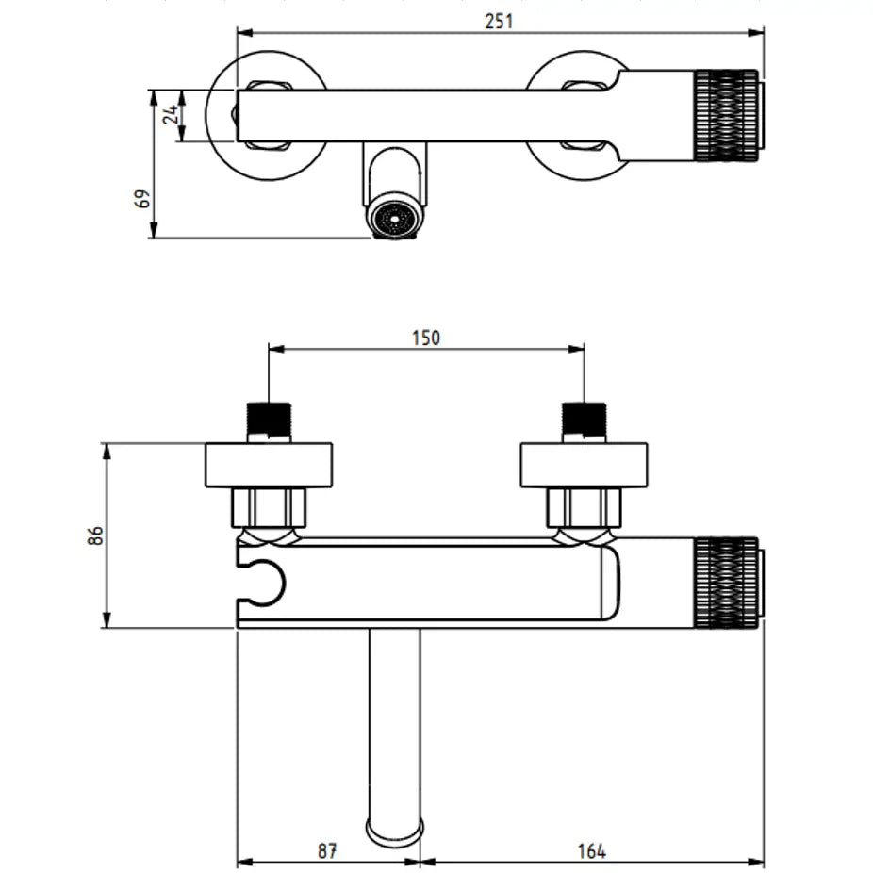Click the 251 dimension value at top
click(x=499, y=20)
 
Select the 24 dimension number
click(x=171, y=116)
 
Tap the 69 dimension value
click(x=142, y=200)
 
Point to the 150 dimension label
click(x=425, y=338)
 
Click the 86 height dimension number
click(x=94, y=535)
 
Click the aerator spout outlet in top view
click(x=394, y=218)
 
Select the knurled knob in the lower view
click(x=727, y=583)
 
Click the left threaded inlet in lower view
click(x=269, y=420)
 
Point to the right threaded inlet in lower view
click(x=584, y=420)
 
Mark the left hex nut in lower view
click(x=269, y=507)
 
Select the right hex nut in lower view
click(x=585, y=507)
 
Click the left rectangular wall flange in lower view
click(x=269, y=465)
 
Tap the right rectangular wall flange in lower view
click(x=585, y=465)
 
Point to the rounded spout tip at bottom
click(x=394, y=830)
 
